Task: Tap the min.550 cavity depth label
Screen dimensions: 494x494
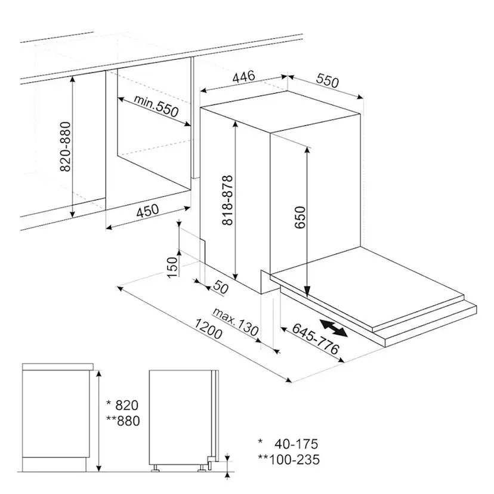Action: point(156,106)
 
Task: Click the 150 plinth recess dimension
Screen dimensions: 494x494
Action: point(172,267)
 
